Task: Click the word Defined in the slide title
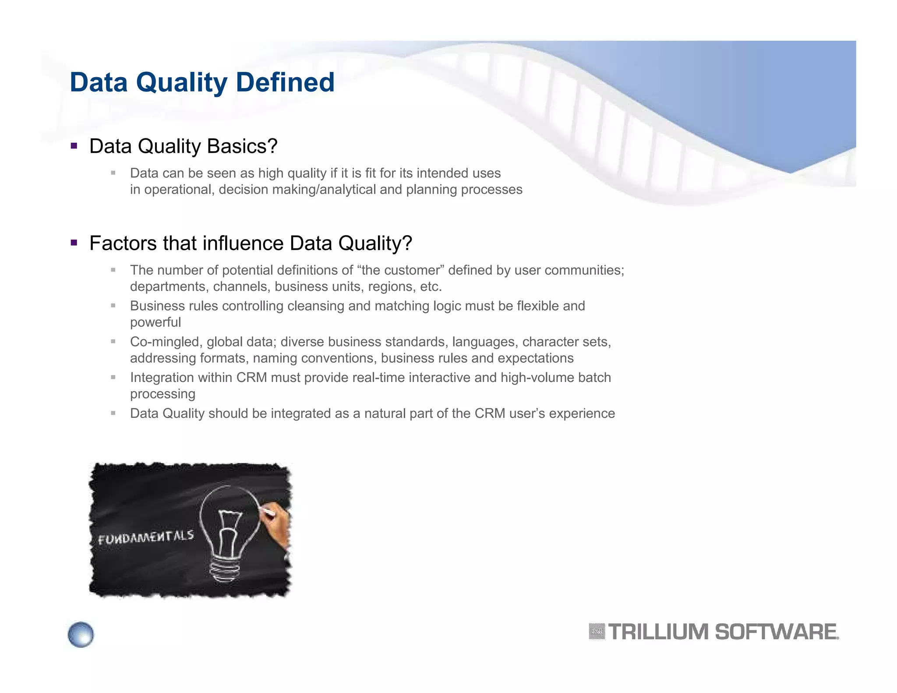tap(285, 82)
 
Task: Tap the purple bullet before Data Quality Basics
tap(74, 146)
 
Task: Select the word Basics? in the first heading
tap(242, 146)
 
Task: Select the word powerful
tap(155, 322)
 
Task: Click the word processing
tap(162, 394)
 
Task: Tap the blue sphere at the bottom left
tap(81, 634)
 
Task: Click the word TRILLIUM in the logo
tap(658, 632)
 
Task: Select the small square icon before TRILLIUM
tap(597, 632)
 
